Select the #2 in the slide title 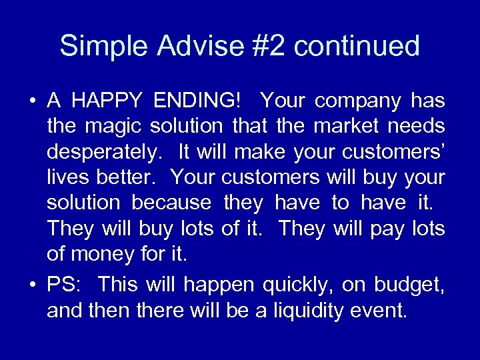click(x=269, y=47)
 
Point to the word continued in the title click(x=357, y=47)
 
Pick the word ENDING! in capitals click(x=198, y=101)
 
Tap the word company click(x=358, y=101)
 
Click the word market click(x=349, y=127)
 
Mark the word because click(x=171, y=203)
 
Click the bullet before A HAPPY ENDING click(x=31, y=102)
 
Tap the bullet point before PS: click(x=31, y=285)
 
